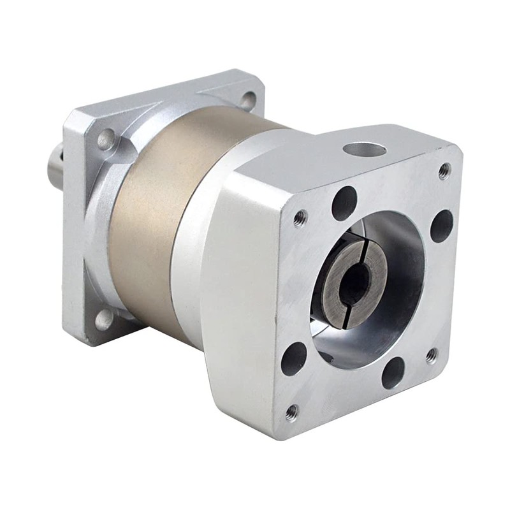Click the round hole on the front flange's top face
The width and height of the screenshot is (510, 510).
click(x=364, y=151)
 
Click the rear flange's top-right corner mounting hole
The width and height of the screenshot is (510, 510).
click(x=248, y=100)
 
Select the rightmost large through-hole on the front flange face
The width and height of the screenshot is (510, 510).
click(x=441, y=226)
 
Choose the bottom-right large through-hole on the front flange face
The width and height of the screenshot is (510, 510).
click(x=393, y=373)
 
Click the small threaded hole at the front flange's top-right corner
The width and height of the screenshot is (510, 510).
click(x=444, y=170)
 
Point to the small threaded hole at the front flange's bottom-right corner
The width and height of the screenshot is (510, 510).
click(x=432, y=355)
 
